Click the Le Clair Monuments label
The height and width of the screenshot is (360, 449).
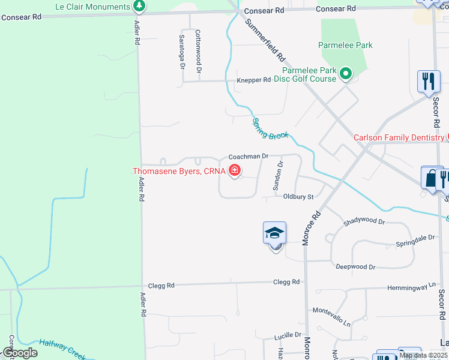click(92, 7)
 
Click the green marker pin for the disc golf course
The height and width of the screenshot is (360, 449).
click(346, 74)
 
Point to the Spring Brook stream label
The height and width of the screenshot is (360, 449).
click(270, 127)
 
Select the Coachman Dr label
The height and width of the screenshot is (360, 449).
click(244, 157)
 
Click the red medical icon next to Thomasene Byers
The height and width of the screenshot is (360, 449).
click(234, 171)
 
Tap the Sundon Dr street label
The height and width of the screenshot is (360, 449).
click(278, 176)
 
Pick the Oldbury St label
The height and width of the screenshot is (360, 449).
click(298, 197)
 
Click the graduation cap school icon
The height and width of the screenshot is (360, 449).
click(274, 233)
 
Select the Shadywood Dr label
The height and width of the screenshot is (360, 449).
click(364, 221)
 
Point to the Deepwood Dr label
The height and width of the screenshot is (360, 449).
click(355, 267)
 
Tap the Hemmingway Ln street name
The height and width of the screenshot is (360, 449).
click(412, 288)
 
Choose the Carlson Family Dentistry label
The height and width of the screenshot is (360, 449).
click(399, 137)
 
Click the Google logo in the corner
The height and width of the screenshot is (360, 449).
click(20, 353)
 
